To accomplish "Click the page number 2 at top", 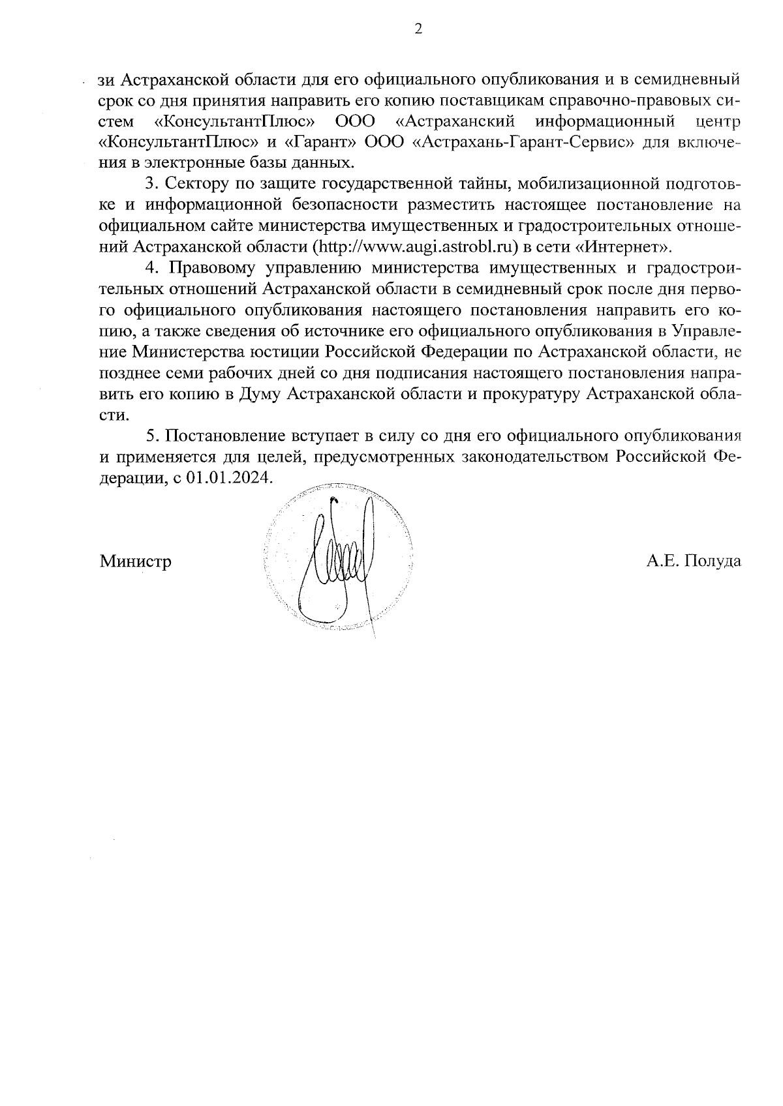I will (x=418, y=28).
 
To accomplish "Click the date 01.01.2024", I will (x=228, y=477).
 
